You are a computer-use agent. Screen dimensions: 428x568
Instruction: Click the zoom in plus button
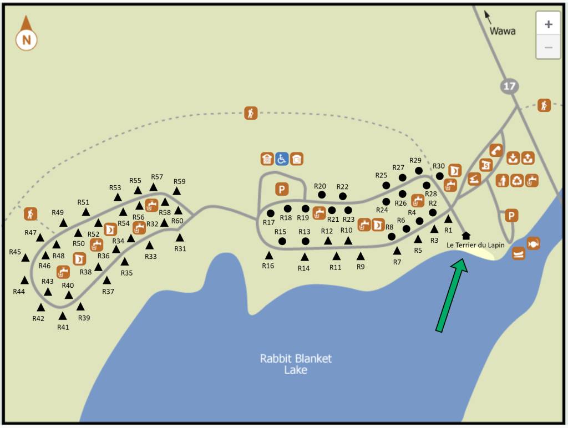pos(549,24)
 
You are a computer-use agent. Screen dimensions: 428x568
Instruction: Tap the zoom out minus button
pos(549,47)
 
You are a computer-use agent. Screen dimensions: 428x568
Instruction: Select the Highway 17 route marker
pos(508,85)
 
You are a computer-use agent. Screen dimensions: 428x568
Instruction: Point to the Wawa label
pos(503,31)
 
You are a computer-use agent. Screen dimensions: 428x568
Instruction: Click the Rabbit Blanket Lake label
pos(296,364)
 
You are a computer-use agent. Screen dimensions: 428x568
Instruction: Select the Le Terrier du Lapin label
pos(475,245)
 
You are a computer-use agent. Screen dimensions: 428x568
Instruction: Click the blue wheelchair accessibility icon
pos(282,159)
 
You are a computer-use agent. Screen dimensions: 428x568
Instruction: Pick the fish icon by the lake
pos(533,243)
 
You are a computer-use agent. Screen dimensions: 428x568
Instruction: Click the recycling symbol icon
pos(517,180)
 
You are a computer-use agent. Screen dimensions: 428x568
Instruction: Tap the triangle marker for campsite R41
pos(63,316)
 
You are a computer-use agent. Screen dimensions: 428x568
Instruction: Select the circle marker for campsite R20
pos(322,195)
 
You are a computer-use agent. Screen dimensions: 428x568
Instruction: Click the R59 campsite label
pos(179,181)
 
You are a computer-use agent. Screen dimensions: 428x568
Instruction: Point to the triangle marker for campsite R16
pos(269,256)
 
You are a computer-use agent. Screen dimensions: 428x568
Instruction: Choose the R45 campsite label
pos(15,252)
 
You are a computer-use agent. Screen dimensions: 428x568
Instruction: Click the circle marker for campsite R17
pos(271,213)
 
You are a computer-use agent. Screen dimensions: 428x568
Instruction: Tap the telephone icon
pos(496,150)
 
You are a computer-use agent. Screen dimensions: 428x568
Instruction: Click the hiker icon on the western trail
pos(30,213)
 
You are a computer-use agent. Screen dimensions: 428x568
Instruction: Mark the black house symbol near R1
pos(466,236)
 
